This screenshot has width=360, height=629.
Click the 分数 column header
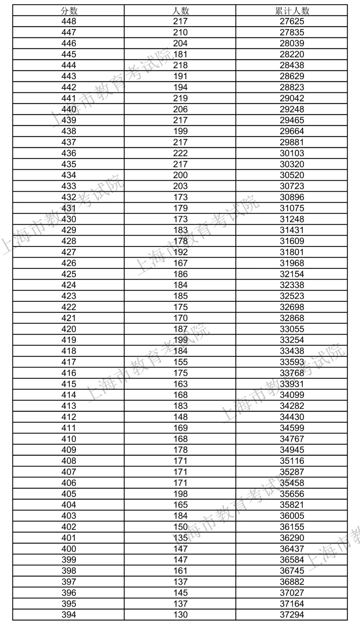tap(69, 11)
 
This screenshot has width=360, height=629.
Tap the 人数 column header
tap(180, 11)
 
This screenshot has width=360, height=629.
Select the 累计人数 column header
tap(292, 11)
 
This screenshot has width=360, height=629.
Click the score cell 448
tap(69, 21)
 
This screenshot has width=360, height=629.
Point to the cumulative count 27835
tap(292, 32)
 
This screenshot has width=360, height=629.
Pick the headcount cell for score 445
tap(180, 54)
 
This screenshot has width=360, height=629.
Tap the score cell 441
tap(69, 98)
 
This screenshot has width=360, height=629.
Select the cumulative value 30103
tap(292, 153)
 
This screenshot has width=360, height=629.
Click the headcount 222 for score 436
tap(180, 153)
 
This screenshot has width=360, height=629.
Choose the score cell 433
tap(69, 186)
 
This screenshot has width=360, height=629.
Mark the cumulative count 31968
tap(292, 263)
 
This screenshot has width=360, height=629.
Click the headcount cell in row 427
tap(180, 252)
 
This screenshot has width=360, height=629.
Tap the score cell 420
tap(69, 329)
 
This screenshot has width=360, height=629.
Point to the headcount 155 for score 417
tap(180, 362)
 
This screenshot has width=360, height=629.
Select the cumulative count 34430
tap(292, 417)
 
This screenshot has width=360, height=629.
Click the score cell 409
tap(69, 450)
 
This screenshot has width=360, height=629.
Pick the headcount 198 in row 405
tap(180, 494)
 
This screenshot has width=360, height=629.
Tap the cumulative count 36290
tap(292, 538)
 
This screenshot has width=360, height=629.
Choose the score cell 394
tap(69, 615)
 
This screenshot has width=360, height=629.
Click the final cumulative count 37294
tap(292, 615)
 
